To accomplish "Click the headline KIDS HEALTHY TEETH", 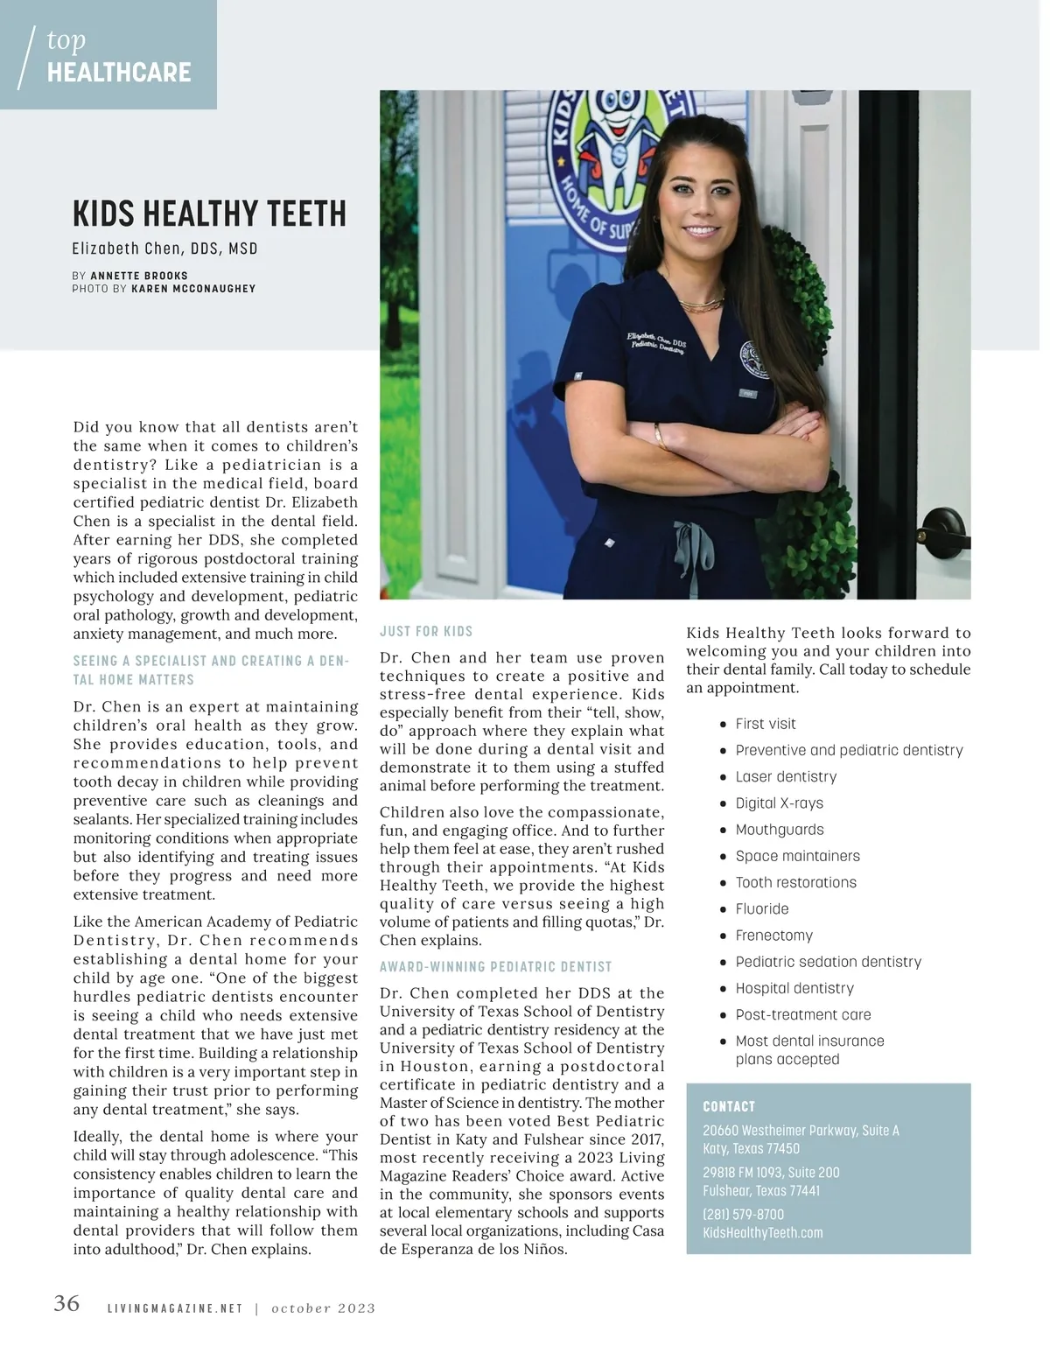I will [209, 214].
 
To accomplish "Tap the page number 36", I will [66, 1303].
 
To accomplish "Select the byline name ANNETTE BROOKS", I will [139, 275].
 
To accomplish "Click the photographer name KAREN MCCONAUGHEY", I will [193, 288].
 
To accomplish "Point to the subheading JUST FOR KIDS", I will [426, 631].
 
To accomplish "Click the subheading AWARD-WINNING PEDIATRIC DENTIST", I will [495, 966].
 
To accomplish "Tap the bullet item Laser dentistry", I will [786, 776].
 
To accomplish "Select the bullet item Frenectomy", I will [773, 935].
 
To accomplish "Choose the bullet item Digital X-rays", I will [779, 803].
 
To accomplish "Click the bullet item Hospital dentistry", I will [794, 988].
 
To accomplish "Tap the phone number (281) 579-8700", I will [743, 1214].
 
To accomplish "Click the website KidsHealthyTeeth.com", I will [762, 1232].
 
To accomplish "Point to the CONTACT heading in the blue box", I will [728, 1106].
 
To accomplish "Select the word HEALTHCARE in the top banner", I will [119, 73].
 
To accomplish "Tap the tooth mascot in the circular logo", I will [622, 131].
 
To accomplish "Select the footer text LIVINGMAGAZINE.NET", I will [174, 1308].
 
